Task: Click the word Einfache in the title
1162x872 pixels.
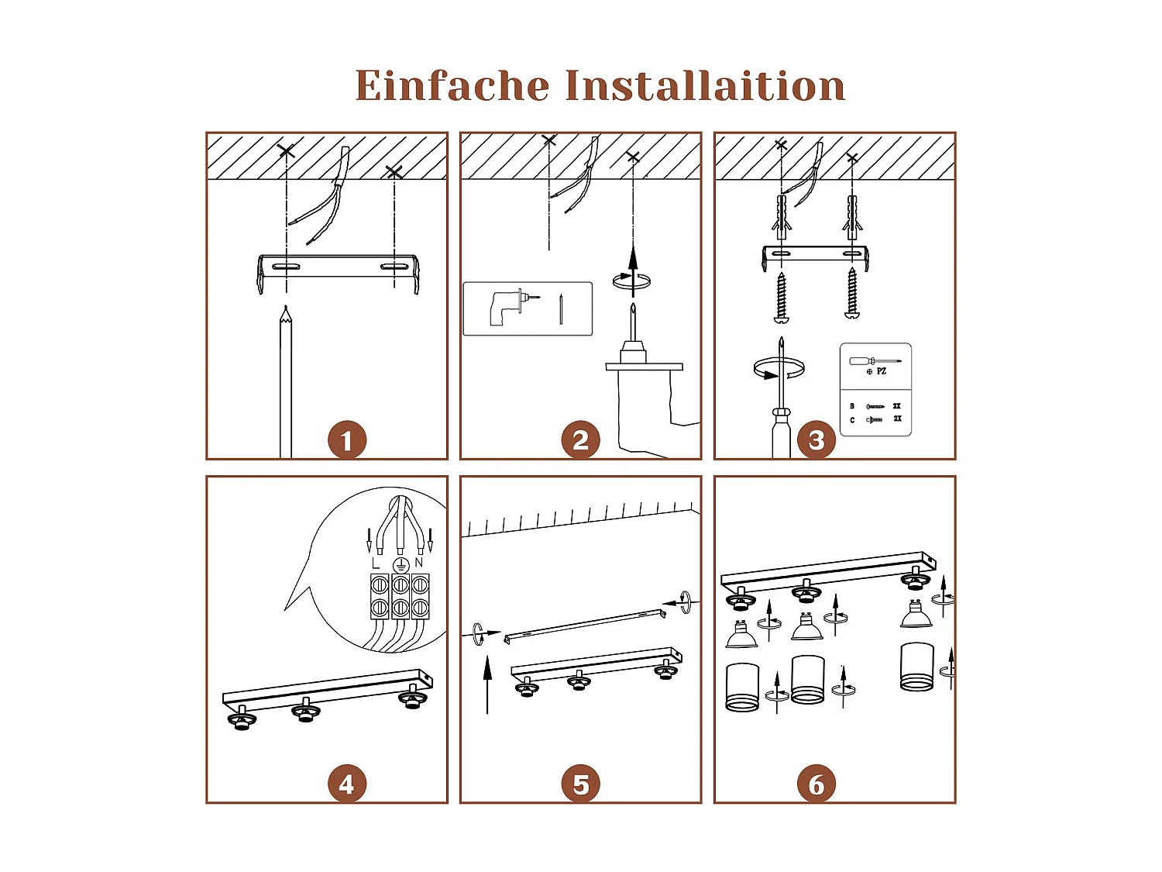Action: pyautogui.click(x=452, y=85)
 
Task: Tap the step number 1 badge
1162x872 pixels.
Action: pyautogui.click(x=346, y=440)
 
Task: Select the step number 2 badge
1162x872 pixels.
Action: pyautogui.click(x=580, y=440)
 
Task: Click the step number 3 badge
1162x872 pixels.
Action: pyautogui.click(x=816, y=440)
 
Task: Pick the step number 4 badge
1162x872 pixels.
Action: pyautogui.click(x=346, y=784)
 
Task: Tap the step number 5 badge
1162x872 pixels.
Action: pyautogui.click(x=580, y=784)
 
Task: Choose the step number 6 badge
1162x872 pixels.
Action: pyautogui.click(x=816, y=784)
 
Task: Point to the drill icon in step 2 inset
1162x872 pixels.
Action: pyautogui.click(x=504, y=307)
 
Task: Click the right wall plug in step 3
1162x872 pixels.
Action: pyautogui.click(x=852, y=213)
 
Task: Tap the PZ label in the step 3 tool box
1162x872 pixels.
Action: pyautogui.click(x=881, y=371)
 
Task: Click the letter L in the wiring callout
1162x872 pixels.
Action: pyautogui.click(x=376, y=563)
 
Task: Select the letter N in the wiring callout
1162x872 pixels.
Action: pyautogui.click(x=419, y=563)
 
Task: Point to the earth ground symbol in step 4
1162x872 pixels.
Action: pyautogui.click(x=401, y=564)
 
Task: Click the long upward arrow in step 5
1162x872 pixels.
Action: pyautogui.click(x=487, y=682)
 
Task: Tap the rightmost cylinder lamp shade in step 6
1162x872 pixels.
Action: pyautogui.click(x=916, y=667)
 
